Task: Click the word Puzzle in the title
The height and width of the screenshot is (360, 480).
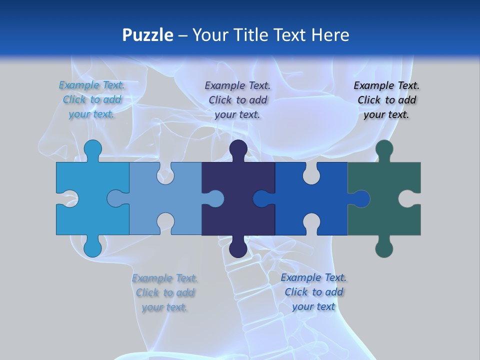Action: (148, 35)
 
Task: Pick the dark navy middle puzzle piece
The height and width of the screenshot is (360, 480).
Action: (230, 180)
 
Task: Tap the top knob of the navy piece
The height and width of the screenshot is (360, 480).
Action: (238, 149)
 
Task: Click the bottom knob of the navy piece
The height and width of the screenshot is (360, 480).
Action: (238, 247)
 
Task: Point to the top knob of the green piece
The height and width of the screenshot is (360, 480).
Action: (384, 149)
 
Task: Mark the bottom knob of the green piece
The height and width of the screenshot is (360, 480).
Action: (384, 247)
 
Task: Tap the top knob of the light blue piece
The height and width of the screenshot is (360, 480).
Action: (92, 149)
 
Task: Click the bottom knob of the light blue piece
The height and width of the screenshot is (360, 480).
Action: (92, 247)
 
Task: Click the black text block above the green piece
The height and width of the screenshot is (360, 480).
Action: (386, 100)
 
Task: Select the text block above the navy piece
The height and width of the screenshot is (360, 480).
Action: (237, 100)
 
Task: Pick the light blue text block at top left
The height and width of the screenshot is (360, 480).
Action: (91, 100)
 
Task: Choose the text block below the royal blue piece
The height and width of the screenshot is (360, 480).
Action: (313, 292)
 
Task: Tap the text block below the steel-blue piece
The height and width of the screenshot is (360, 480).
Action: (164, 292)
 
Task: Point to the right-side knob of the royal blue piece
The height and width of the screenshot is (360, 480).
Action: (361, 199)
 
